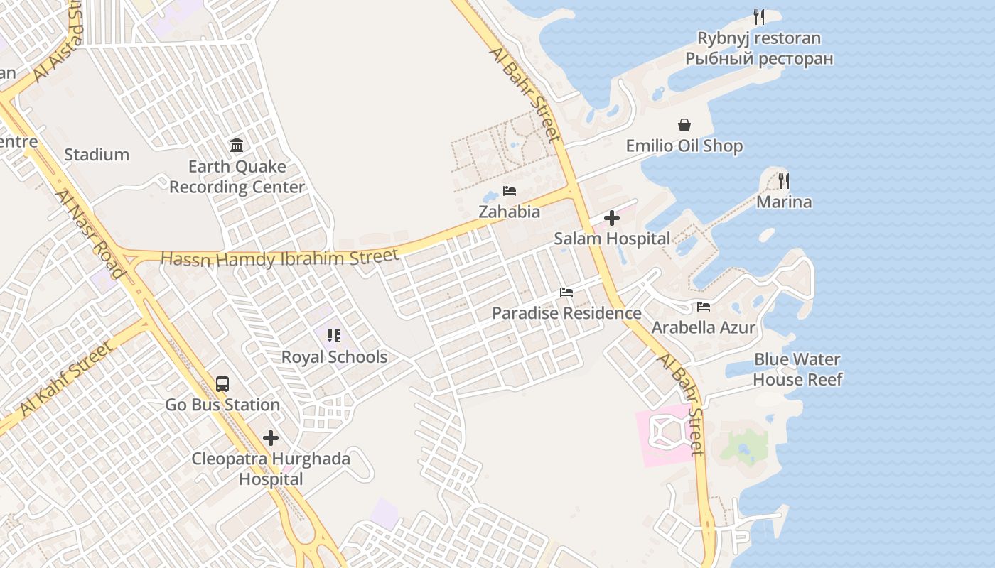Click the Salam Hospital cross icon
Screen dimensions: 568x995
(611, 218)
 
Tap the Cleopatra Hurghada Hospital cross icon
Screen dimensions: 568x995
(271, 438)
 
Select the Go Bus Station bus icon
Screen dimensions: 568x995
(222, 384)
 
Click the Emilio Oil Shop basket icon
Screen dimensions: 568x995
(684, 126)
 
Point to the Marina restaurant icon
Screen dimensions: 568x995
(783, 181)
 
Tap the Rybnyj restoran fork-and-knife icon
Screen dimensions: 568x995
(758, 17)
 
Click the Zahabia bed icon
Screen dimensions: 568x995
(509, 191)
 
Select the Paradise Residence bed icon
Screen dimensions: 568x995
(566, 293)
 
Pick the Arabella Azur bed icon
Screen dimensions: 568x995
(704, 307)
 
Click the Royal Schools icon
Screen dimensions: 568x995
(334, 336)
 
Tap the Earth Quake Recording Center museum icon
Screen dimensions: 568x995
(237, 146)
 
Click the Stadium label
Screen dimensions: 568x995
(97, 155)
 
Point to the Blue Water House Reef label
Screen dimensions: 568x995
(797, 369)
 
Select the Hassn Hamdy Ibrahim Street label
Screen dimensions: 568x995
(280, 258)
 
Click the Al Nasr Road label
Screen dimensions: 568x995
(90, 234)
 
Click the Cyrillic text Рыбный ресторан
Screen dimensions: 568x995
(758, 58)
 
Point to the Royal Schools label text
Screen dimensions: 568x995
(334, 357)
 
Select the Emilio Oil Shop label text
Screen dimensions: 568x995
(684, 146)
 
